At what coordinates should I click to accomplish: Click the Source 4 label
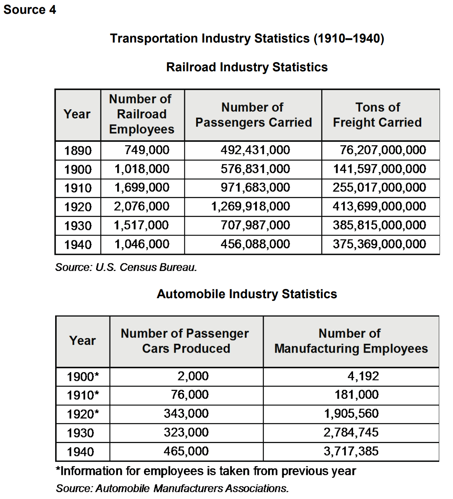point(29,10)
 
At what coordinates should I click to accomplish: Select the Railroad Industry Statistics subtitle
point(247,67)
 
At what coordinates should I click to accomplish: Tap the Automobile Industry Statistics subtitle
point(247,294)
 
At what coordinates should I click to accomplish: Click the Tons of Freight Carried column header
point(378,115)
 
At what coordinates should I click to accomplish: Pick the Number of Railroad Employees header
point(141,114)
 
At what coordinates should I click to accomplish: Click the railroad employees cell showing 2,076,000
point(141,206)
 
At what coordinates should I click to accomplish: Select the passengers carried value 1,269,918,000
point(251,206)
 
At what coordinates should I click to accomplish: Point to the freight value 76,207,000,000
point(383,150)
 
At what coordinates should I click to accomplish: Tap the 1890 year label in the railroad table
point(78,151)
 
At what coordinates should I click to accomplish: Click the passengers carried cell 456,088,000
point(255,244)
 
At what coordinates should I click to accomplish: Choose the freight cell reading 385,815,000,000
point(379,225)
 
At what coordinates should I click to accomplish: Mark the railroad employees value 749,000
point(147,150)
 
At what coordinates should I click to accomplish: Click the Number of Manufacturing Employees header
point(351,341)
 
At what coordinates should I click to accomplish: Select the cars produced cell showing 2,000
point(193,376)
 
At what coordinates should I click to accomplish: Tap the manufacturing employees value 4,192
point(363,376)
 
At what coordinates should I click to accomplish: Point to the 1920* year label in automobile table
point(83,414)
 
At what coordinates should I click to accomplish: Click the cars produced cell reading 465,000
point(186,451)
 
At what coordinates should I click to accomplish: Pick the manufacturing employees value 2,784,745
point(351,432)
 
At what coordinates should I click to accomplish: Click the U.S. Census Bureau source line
point(126,267)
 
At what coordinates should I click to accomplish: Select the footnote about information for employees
point(206,471)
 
